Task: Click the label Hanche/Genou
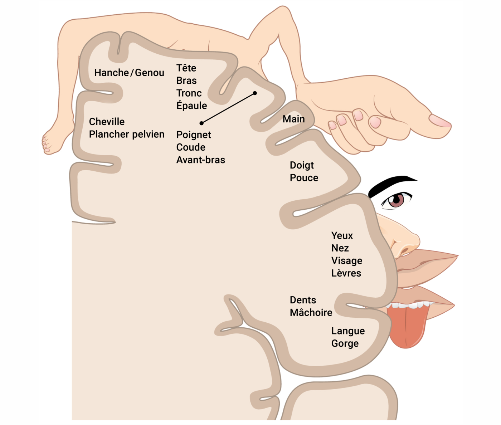coord(129,73)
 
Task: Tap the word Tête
coord(186,68)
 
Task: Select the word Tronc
coord(189,93)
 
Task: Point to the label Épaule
coord(191,106)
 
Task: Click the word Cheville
coord(107,122)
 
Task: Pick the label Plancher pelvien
coord(127,134)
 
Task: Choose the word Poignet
coord(194,135)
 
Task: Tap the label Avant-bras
coord(200,160)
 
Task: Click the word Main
coord(293,119)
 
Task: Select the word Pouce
coord(304,178)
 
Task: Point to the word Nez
coord(340,248)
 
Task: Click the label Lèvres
coord(346,273)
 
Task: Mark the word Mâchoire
coord(311,313)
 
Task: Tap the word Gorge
coord(345,343)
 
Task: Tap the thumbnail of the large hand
coord(440,121)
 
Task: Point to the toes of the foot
coord(45,143)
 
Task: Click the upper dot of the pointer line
coord(255,93)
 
